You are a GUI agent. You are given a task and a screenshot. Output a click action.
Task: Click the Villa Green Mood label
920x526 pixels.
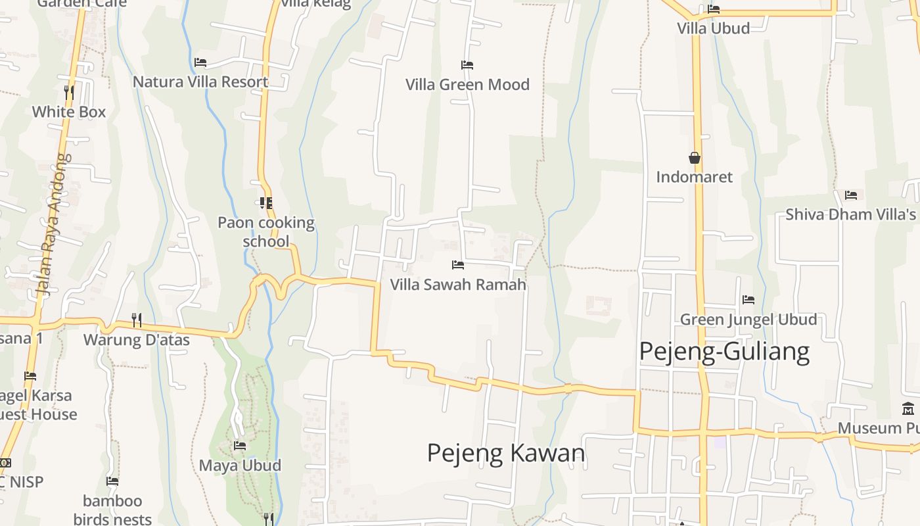coord(467,85)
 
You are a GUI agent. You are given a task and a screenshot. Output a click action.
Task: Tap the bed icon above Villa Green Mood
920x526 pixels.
coord(467,65)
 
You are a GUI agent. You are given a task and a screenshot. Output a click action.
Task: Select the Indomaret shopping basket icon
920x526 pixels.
coord(695,158)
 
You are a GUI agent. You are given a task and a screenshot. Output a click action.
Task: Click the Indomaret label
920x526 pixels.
coord(694,177)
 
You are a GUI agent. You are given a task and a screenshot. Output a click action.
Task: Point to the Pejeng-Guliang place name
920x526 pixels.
coord(724,352)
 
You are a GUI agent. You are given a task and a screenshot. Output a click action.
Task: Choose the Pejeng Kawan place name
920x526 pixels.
coord(506,453)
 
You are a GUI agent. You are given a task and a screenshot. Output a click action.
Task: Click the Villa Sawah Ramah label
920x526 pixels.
coord(458,285)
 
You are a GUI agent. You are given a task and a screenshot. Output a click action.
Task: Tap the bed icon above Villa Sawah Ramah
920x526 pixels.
coord(458,265)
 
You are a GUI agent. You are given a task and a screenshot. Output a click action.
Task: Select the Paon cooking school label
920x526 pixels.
coord(266,231)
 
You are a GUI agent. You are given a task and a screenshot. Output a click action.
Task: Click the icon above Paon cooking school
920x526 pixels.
coord(265,203)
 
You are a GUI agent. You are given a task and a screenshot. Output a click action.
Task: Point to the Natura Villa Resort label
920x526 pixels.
coord(200,82)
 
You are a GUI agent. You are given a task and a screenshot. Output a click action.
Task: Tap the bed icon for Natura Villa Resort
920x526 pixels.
coord(200,62)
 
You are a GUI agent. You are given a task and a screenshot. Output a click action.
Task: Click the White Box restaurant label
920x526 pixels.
coord(69,112)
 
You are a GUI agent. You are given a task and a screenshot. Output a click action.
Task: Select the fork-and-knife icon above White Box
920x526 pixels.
coord(69,92)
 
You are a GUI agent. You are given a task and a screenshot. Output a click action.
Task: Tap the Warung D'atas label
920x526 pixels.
coord(136,340)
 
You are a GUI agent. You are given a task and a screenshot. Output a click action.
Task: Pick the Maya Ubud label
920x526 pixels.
coord(240,466)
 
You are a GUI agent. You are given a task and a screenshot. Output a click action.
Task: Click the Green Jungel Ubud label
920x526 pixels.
coord(748,320)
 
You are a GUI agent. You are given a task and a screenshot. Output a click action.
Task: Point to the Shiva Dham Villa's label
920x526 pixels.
coord(850,214)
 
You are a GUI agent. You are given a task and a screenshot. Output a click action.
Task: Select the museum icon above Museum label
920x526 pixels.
coord(909,409)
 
